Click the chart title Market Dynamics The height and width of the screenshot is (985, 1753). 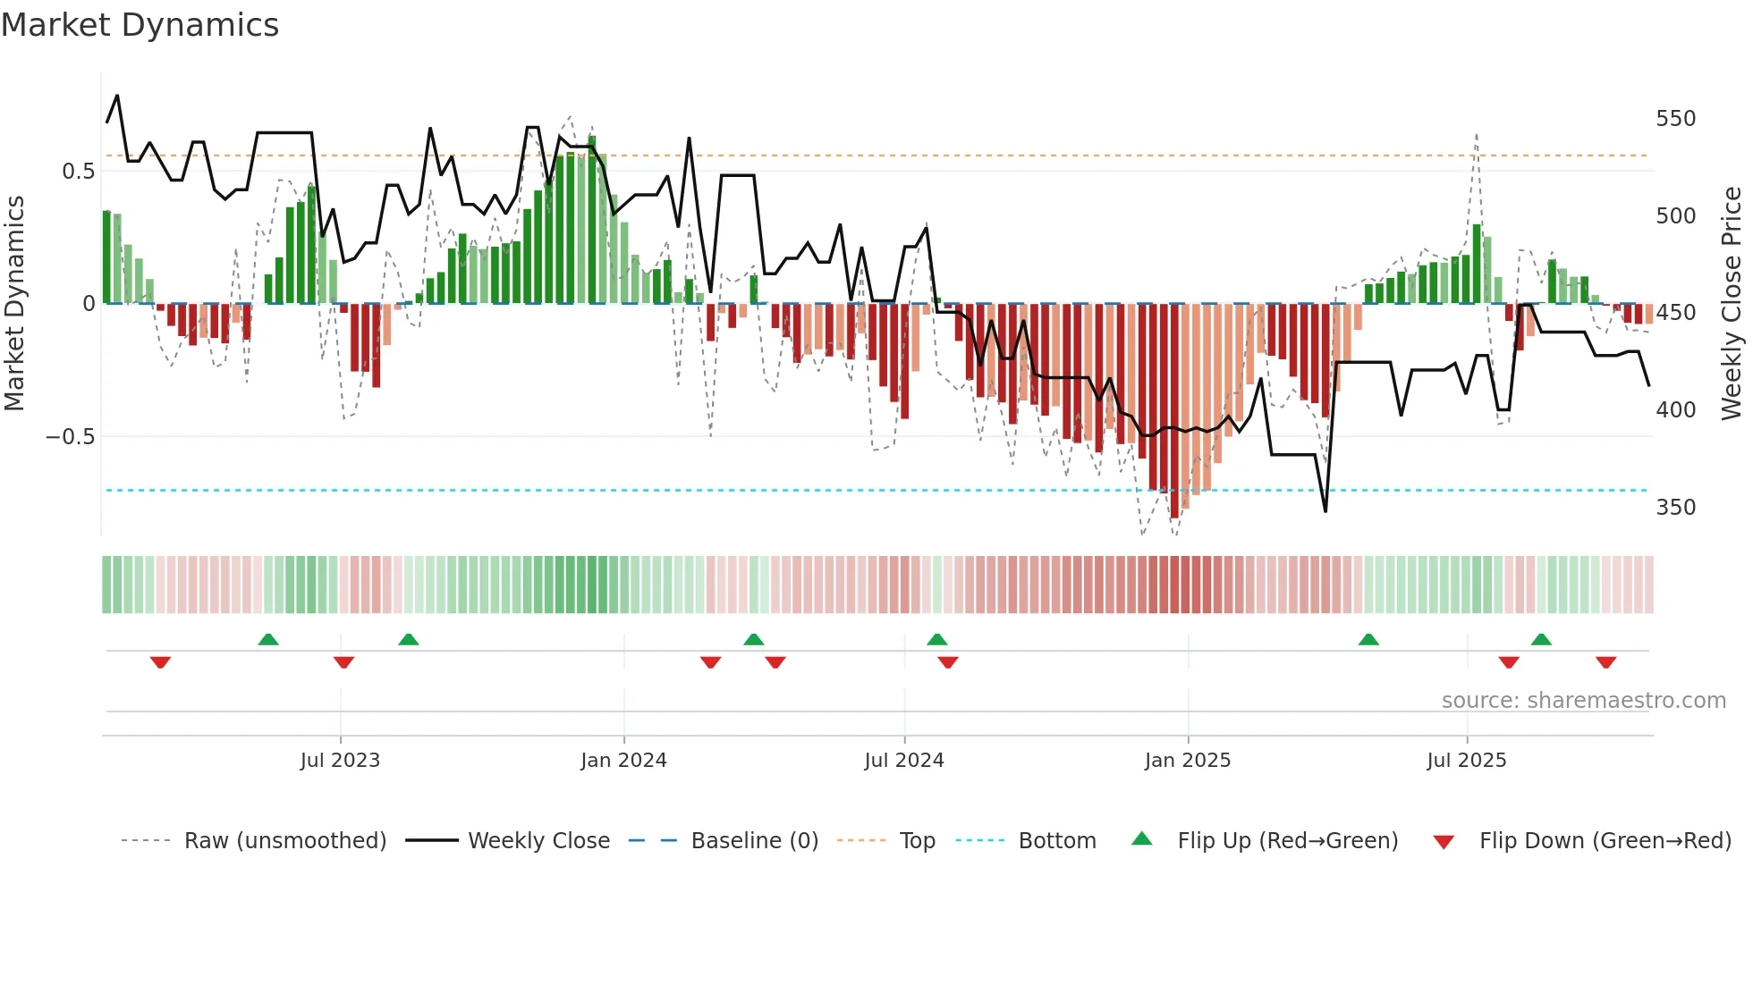140,25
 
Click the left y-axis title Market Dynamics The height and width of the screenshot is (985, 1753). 15,304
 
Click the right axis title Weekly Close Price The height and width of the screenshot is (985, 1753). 1732,304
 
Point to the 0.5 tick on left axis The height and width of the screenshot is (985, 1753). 78,172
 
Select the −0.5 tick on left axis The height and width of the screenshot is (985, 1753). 71,437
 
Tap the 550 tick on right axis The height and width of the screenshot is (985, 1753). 1675,119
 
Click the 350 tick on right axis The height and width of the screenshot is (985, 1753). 1675,508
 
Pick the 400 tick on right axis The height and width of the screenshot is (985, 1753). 1675,410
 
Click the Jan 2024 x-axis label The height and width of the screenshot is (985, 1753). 623,761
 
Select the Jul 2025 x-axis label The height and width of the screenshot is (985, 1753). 1466,761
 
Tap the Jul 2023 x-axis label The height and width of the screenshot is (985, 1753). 340,761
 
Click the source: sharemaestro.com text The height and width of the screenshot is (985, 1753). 1583,701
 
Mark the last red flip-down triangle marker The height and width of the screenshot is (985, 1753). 1605,662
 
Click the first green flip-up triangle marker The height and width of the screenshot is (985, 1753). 268,639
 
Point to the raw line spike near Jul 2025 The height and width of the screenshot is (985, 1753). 1476,136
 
